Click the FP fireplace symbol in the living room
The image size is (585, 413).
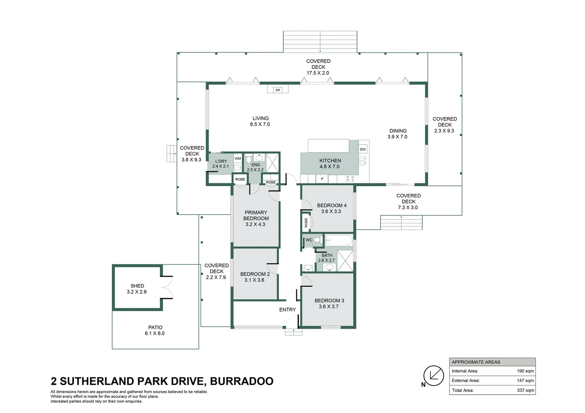278,90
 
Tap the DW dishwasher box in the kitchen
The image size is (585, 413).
363,149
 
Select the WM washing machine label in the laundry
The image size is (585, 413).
238,158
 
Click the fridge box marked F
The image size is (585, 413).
322,179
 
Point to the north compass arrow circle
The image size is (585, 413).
433,376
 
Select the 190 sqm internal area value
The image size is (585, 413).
525,371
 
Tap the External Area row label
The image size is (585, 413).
466,380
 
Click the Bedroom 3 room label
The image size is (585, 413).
329,303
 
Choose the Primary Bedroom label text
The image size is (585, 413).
256,218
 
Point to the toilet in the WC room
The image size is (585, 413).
317,240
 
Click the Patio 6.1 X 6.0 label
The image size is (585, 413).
155,330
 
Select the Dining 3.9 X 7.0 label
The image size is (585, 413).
397,133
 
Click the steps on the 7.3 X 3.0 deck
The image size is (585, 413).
401,223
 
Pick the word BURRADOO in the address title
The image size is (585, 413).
242,381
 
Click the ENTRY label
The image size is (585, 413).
287,310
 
